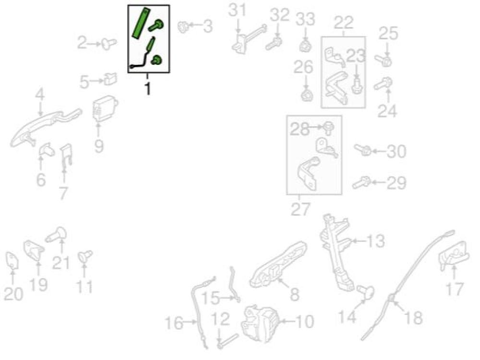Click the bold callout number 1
[147, 88]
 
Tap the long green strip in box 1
[142, 23]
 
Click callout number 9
[99, 146]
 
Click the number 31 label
[238, 11]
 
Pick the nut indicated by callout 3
[183, 27]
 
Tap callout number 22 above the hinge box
[344, 23]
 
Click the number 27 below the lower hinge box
[300, 209]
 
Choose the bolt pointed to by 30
[363, 150]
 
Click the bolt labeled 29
[361, 183]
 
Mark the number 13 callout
[376, 241]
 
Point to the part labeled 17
[454, 256]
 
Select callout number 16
[174, 323]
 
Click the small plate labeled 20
[12, 261]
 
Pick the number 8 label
[294, 295]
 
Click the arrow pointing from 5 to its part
[97, 81]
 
